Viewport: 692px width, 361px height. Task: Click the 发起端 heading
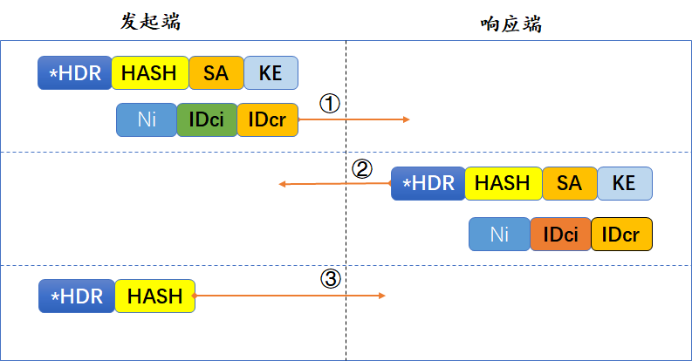click(x=150, y=22)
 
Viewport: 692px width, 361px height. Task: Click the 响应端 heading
click(x=510, y=24)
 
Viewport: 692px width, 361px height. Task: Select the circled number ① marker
click(x=329, y=104)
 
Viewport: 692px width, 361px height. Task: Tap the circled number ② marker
click(x=361, y=167)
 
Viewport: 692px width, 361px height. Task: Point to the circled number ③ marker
click(x=330, y=279)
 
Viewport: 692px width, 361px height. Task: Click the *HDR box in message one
click(x=74, y=73)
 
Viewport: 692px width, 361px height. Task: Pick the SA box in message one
click(x=216, y=73)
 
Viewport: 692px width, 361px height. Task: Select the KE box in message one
click(x=271, y=73)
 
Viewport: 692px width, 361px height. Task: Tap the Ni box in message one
click(x=147, y=120)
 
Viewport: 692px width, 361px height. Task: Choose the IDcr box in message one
click(x=267, y=120)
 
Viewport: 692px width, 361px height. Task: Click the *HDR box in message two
click(x=428, y=183)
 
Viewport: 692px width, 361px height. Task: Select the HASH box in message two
click(x=503, y=183)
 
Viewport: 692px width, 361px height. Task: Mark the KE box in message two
click(x=624, y=183)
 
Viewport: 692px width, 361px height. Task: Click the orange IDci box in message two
click(x=560, y=234)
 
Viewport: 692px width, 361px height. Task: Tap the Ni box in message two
click(x=499, y=234)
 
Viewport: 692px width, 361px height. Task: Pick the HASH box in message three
click(x=154, y=296)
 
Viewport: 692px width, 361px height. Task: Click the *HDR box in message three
click(x=77, y=296)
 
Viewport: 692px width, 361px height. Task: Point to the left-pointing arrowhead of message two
click(x=282, y=184)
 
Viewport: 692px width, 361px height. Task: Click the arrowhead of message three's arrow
click(x=381, y=296)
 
